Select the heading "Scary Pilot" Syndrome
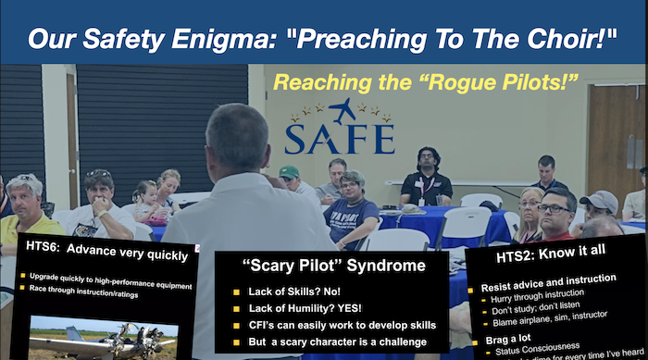(x=334, y=266)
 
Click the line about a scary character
(x=343, y=341)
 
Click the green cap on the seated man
(x=290, y=171)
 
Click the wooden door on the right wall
(x=615, y=130)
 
